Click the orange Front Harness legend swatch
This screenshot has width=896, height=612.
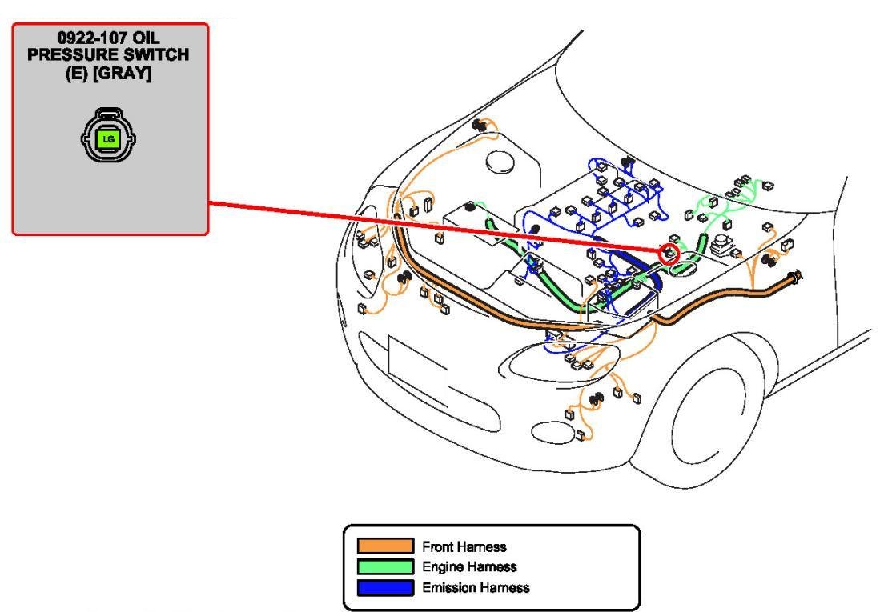(x=385, y=546)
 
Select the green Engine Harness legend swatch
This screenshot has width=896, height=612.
(x=385, y=566)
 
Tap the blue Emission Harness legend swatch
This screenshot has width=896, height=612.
(x=385, y=587)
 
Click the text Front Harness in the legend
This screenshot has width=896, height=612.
(x=464, y=547)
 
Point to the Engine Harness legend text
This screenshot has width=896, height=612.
(x=469, y=567)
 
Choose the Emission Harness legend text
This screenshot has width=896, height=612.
(x=476, y=587)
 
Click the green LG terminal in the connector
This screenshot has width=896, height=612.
(x=108, y=139)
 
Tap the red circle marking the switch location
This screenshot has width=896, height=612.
(x=668, y=254)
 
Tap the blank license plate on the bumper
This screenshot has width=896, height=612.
(x=417, y=370)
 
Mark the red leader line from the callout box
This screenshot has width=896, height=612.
(x=432, y=228)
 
